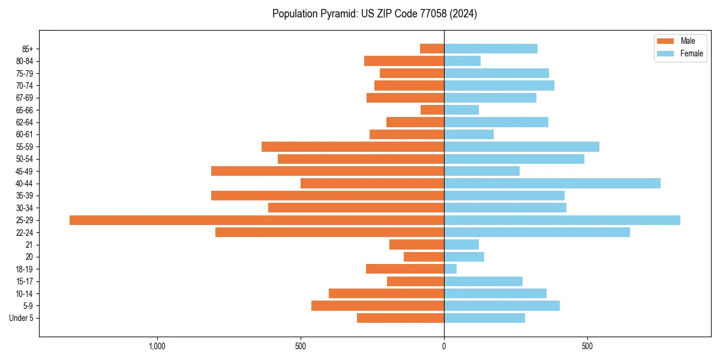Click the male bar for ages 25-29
pos(257,220)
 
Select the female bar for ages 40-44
pos(552,184)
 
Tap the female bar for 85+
pos(491,49)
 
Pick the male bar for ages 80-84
pos(404,61)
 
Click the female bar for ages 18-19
pos(450,269)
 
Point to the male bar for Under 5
pos(400,318)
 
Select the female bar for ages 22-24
pos(537,232)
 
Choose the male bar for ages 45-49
pos(328,171)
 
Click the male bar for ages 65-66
pos(432,110)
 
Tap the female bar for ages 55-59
pos(521,146)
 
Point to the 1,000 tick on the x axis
pos(157,346)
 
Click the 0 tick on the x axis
pos(444,346)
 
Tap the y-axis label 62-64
pos(24,122)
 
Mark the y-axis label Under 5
pos(21,318)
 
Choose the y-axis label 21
pos(29,245)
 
